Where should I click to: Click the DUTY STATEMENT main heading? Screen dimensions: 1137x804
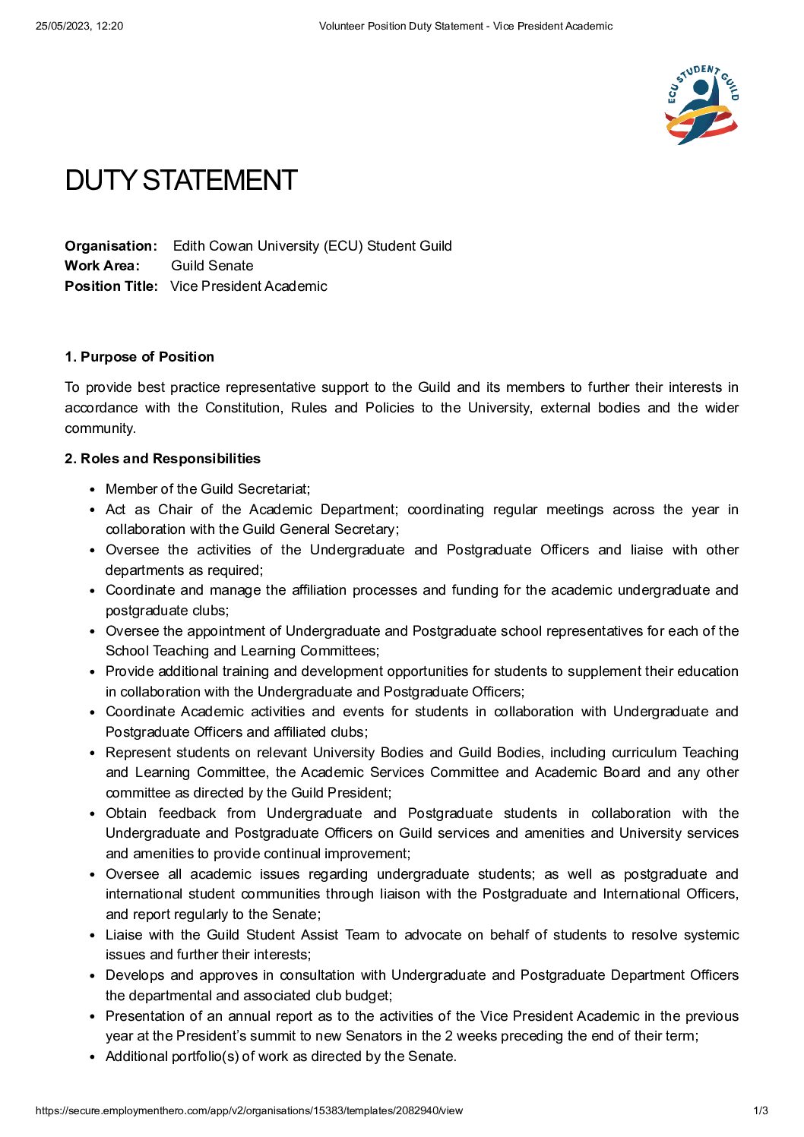[x=181, y=181]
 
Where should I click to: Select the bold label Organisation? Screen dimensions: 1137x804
[x=111, y=246]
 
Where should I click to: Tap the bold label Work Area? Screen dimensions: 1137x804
[x=102, y=266]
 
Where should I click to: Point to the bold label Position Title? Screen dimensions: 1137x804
[x=111, y=286]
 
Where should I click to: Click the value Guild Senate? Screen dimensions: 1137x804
[x=212, y=266]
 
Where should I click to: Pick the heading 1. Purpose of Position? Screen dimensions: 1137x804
[x=139, y=357]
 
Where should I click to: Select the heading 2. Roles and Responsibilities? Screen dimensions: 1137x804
[x=163, y=459]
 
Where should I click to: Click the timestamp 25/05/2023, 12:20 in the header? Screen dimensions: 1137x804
[x=79, y=26]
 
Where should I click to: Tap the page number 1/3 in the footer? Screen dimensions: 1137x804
[x=761, y=1110]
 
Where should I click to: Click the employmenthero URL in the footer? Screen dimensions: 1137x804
[x=249, y=1110]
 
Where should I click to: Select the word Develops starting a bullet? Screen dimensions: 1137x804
[x=134, y=975]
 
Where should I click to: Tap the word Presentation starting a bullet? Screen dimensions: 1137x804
[x=144, y=1016]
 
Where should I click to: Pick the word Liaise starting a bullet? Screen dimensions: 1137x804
[x=124, y=935]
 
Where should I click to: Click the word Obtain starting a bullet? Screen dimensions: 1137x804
[x=126, y=813]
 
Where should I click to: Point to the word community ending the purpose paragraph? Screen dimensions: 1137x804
[x=99, y=428]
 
